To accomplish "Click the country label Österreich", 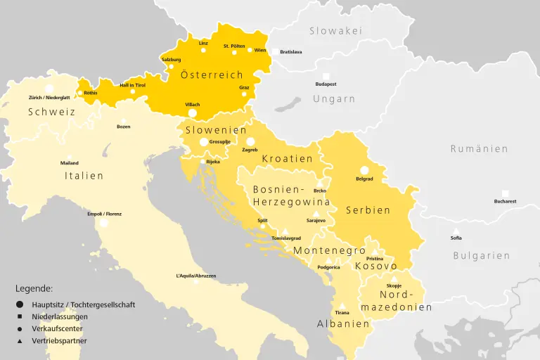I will tap(212, 75).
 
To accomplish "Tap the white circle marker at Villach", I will tap(192, 113).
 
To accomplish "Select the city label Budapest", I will tap(326, 84).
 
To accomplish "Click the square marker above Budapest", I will tap(326, 75).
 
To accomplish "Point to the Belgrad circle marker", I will tap(364, 170).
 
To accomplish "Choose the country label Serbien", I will tap(368, 210).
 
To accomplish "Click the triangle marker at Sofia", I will tap(456, 231).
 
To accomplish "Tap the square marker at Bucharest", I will tap(505, 193).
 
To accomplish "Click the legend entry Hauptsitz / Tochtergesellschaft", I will tap(83, 304).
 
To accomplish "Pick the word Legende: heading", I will tap(34, 288).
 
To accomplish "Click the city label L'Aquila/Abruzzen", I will tap(196, 276).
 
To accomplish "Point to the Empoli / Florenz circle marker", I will tap(104, 223).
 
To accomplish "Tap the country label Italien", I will tap(84, 176).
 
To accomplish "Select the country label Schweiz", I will tap(51, 112).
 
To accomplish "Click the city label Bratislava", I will tap(290, 52).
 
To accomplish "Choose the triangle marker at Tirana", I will tap(342, 306).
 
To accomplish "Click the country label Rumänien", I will tap(479, 149).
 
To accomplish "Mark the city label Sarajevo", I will tap(316, 221).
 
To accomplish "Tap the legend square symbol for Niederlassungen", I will tap(20, 316).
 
